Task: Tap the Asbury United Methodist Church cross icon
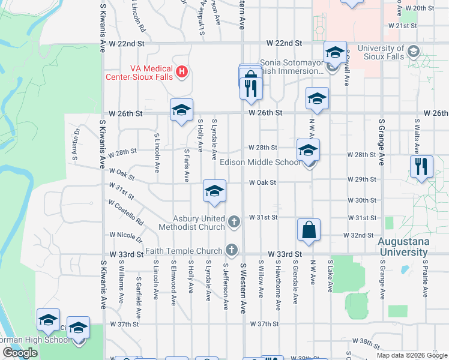pos(234,223)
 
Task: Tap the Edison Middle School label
pos(260,162)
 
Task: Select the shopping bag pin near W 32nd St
pos(309,230)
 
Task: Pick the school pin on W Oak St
pos(214,191)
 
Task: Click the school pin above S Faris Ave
pos(181,110)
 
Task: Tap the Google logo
pos(20,353)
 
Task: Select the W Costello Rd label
pos(126,212)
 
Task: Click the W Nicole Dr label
pos(125,235)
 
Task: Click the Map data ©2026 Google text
pos(411,355)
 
